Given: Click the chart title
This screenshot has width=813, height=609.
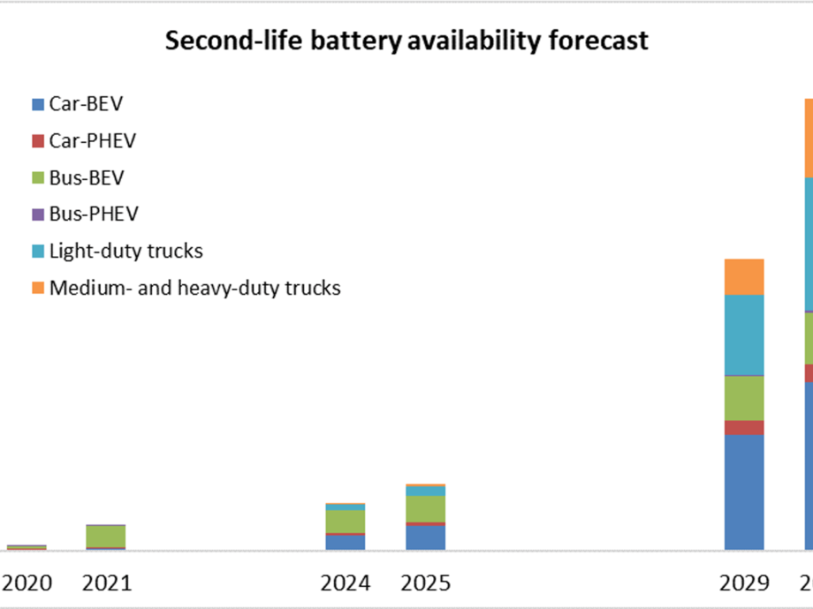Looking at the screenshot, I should point(406,41).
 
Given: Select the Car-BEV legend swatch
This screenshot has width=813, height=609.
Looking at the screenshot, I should point(37,105).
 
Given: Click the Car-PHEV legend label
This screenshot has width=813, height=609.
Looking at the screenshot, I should point(92,141).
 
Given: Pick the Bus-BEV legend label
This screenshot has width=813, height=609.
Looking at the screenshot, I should point(86,178).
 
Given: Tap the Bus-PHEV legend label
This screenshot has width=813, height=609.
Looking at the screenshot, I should point(93,214).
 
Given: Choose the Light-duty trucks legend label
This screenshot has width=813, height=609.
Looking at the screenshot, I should point(125,252).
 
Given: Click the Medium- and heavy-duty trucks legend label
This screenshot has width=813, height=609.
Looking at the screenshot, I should point(194,288).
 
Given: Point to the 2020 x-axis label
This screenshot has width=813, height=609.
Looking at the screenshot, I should point(28,583).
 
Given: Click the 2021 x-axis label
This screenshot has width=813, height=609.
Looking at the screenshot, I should point(106,583).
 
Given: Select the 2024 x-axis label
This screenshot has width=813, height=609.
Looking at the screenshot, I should point(345,583).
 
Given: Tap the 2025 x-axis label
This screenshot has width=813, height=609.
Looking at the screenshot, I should point(425,583).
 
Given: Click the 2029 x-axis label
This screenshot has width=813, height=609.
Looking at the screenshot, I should point(744,583).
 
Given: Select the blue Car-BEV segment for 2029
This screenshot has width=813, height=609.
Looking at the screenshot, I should point(744,492).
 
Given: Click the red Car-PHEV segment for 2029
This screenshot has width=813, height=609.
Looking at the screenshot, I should point(744,427).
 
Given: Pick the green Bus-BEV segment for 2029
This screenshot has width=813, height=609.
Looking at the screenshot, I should point(744,398).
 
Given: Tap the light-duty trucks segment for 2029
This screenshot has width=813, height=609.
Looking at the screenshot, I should point(744,335).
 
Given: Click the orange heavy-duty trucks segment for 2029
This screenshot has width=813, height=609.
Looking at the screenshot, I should point(744,276).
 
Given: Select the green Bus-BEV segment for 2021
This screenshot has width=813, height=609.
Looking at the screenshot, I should point(106,536).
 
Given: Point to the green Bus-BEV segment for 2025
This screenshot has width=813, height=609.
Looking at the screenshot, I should point(425,508).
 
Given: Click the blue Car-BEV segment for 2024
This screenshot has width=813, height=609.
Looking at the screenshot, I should point(345,542).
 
